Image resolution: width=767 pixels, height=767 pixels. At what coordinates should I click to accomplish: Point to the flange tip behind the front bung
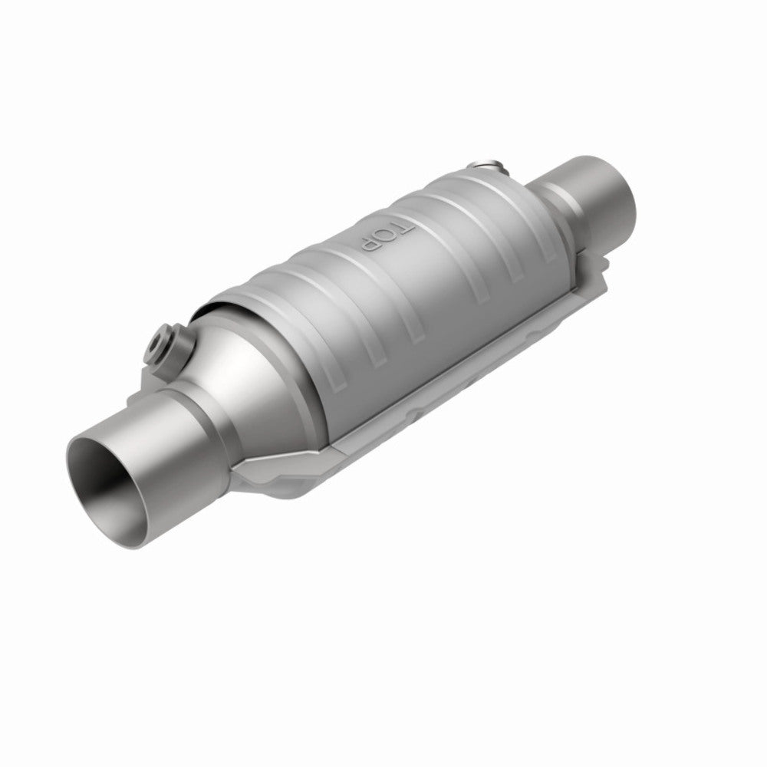click(146, 357)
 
